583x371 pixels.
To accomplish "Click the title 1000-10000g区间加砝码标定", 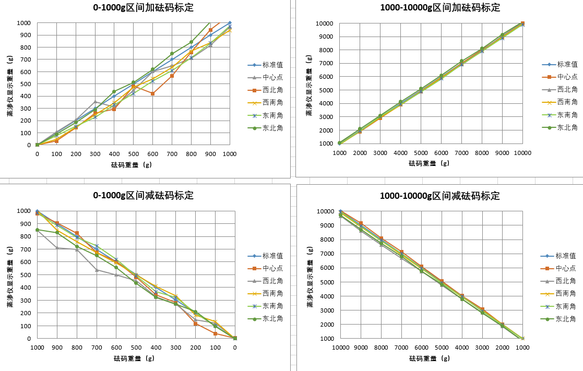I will (x=441, y=8).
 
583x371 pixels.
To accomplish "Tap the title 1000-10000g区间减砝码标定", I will (x=441, y=196).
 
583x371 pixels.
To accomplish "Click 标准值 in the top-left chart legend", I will (x=272, y=65).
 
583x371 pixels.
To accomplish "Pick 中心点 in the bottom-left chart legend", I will (x=272, y=268).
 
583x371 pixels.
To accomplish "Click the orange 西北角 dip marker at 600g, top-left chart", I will (x=152, y=93).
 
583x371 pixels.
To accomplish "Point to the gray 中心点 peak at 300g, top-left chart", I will (x=95, y=102).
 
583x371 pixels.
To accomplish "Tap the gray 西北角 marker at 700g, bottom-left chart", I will (x=97, y=270).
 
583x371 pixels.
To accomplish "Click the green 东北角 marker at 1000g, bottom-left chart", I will (x=37, y=230).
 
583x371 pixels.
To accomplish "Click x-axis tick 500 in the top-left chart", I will (x=133, y=154).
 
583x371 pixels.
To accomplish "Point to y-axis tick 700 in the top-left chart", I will (x=25, y=59).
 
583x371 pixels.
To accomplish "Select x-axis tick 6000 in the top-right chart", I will (x=441, y=153).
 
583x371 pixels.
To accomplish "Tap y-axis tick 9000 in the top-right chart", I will (x=324, y=37).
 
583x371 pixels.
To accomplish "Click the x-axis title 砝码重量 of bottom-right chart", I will (x=430, y=358).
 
